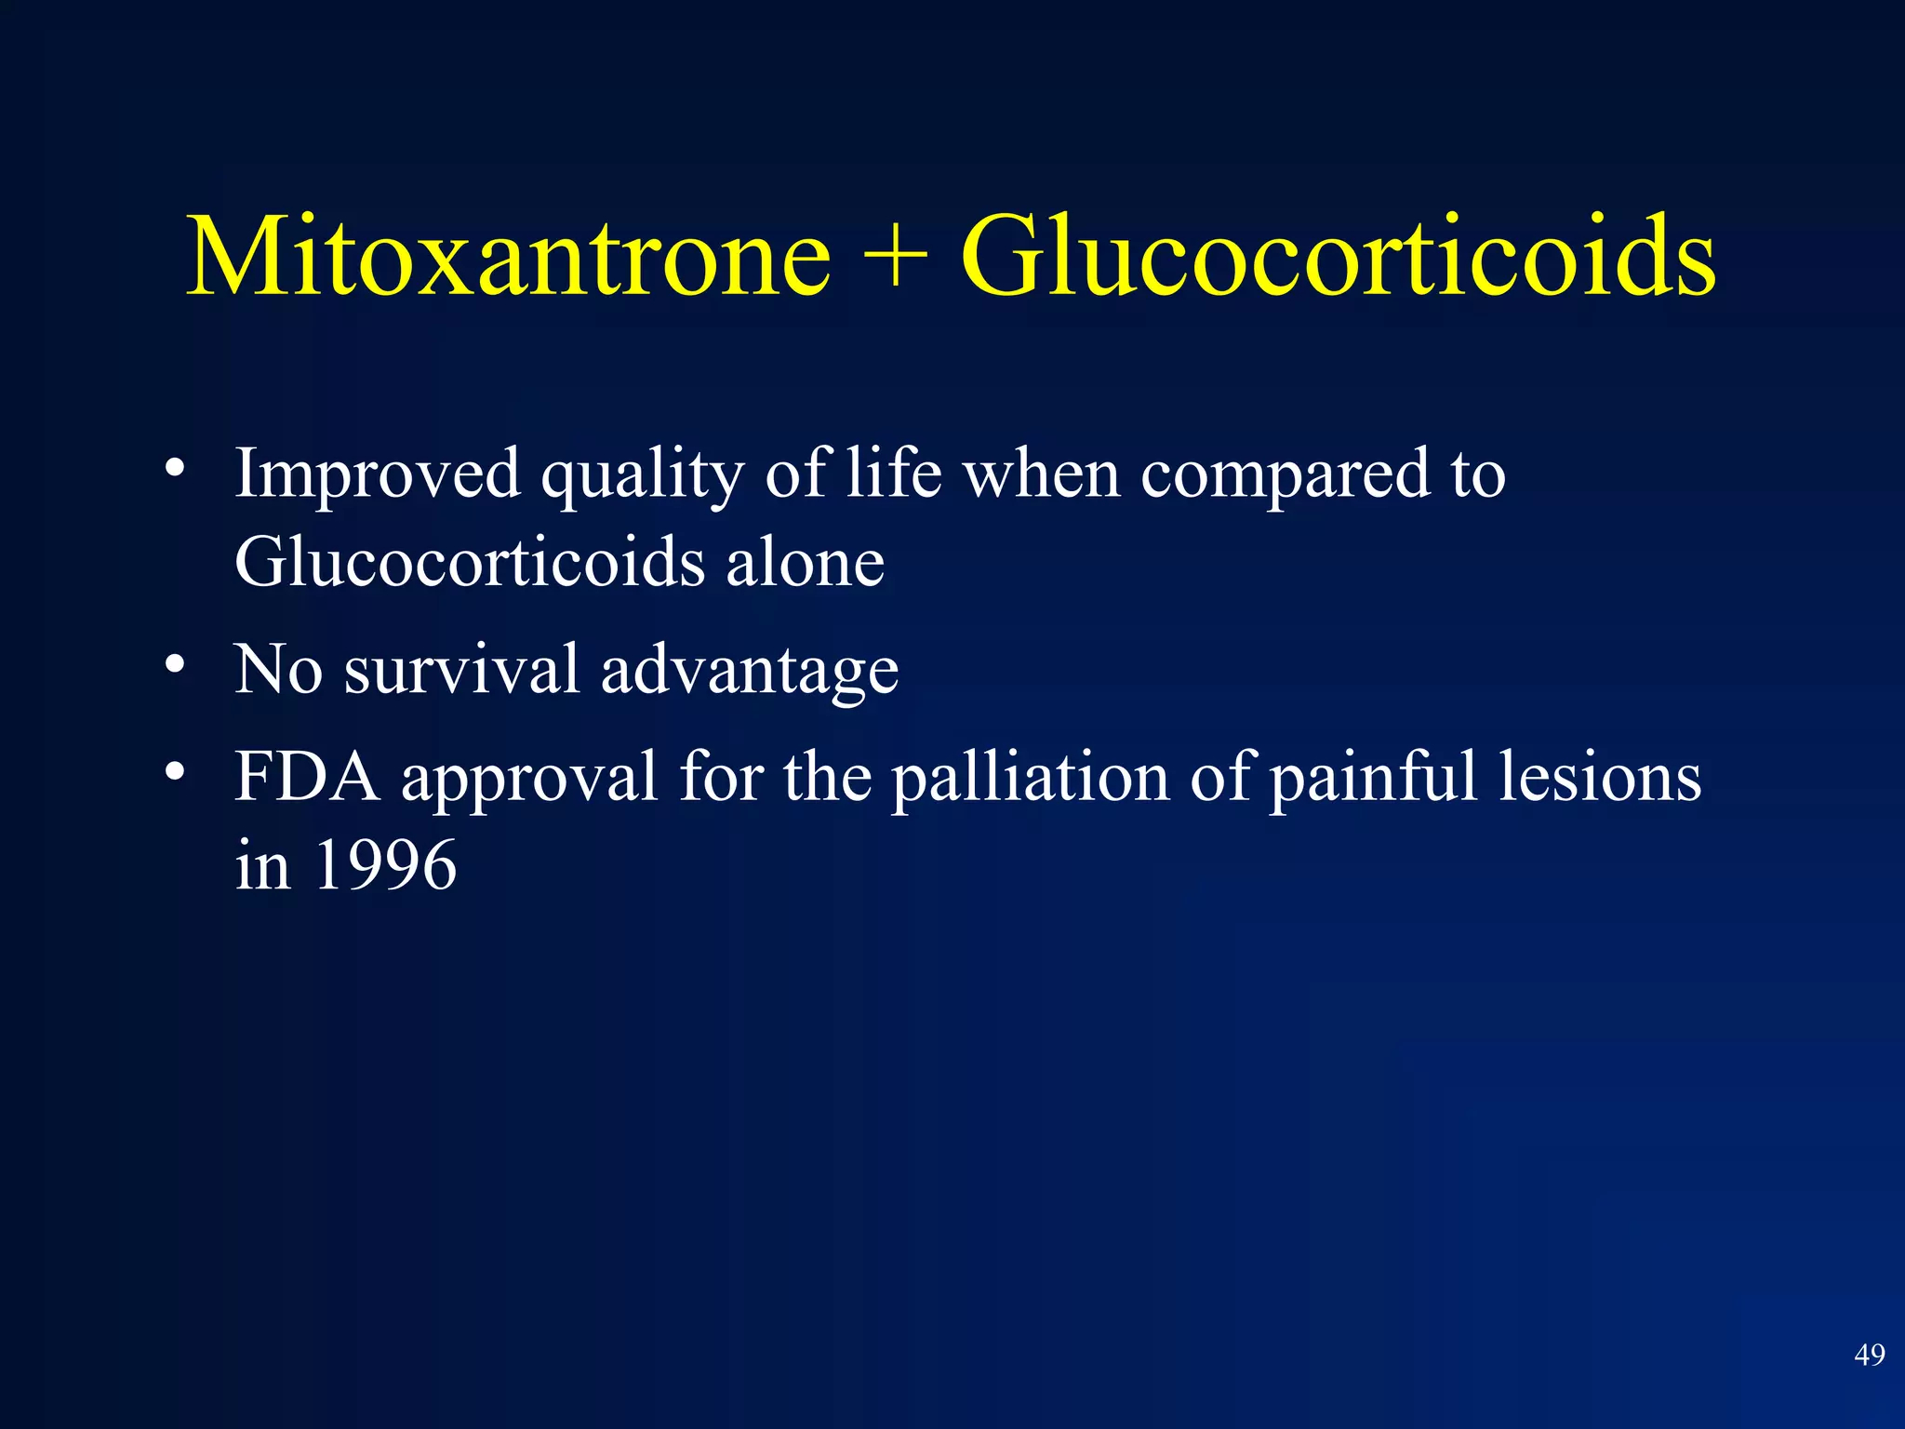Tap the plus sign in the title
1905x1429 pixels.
pos(895,256)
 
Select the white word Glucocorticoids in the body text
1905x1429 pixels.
pos(469,562)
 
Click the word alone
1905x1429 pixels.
pos(805,564)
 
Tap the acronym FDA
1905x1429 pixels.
pos(307,776)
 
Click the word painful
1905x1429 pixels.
pos(1373,778)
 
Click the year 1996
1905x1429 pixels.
pos(385,865)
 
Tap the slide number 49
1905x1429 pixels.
pos(1869,1355)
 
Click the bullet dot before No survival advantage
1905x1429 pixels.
pos(175,665)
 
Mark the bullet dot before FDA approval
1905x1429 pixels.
pos(175,772)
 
